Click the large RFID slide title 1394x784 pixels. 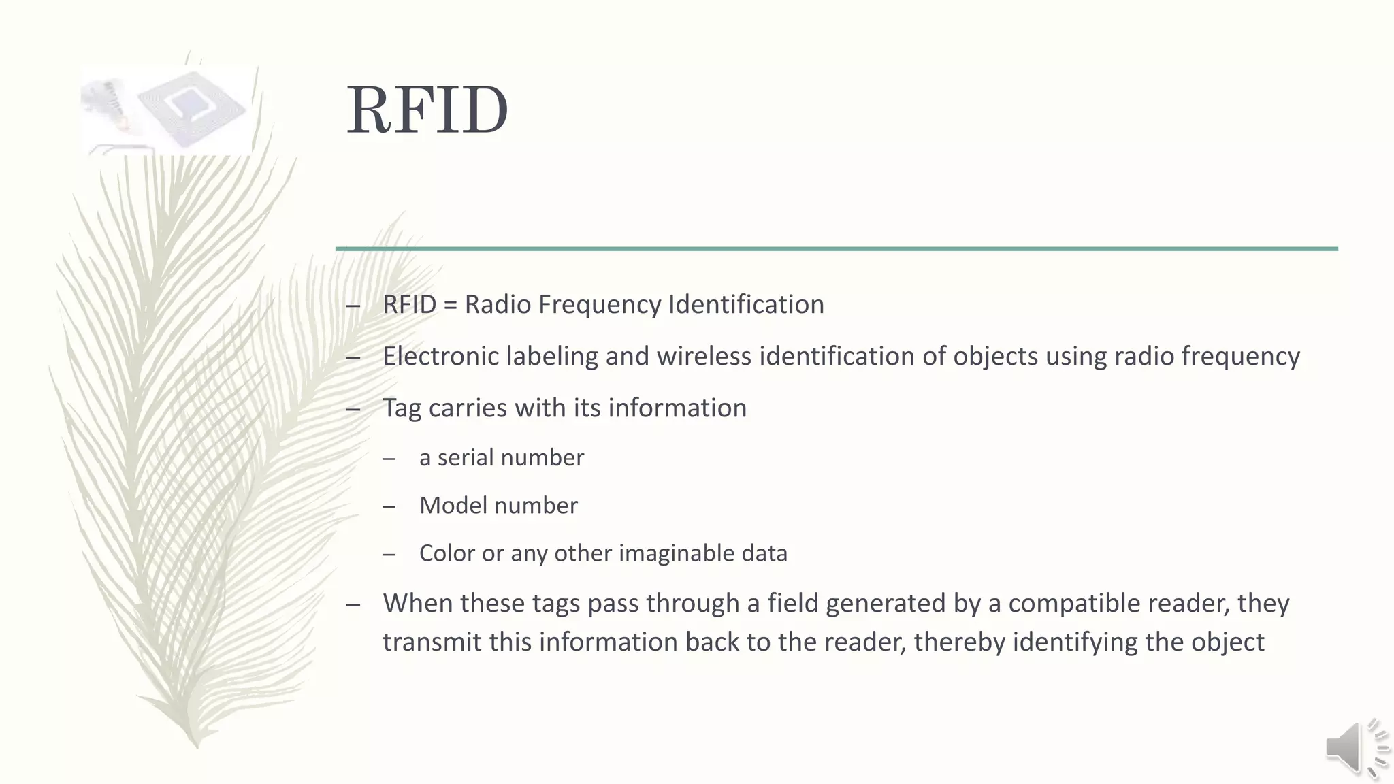[x=427, y=110]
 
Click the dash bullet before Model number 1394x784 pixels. [x=389, y=506]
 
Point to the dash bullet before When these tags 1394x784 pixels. [x=353, y=604]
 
